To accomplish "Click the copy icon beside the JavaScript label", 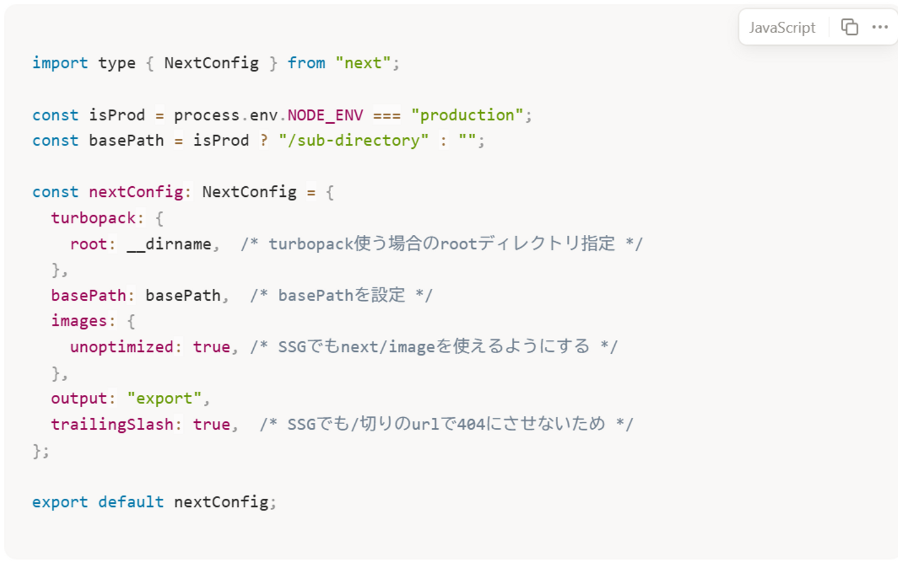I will (849, 27).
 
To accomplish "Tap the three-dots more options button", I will (880, 27).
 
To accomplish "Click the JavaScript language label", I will (782, 27).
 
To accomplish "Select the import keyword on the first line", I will (60, 63).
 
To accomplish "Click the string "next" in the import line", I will (363, 63).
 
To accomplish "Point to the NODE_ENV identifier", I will (325, 115).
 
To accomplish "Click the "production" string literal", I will (467, 115).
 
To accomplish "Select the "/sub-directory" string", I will (354, 141).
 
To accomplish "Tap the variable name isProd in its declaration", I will (117, 115).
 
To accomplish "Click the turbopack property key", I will (94, 218).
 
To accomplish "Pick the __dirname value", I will (169, 244).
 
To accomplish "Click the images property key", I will (79, 321).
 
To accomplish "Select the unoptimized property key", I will (122, 347).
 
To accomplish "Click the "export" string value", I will (165, 399).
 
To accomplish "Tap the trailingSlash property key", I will (112, 425).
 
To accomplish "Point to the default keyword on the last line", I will (131, 502).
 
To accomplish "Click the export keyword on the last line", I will (60, 502).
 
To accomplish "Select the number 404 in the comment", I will (471, 425).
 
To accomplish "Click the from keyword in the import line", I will (306, 63).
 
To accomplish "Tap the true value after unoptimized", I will (211, 347).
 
